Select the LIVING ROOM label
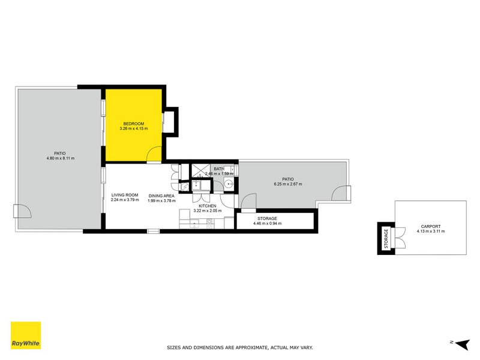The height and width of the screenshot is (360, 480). tap(125, 195)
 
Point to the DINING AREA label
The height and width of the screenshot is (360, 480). tap(161, 195)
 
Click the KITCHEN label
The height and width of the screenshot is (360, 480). tap(208, 206)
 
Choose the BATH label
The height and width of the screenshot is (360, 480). tap(219, 169)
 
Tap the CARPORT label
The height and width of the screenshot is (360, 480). tap(430, 226)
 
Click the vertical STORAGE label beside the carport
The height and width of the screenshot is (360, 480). tap(386, 238)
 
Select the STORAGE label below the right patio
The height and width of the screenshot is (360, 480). tap(267, 218)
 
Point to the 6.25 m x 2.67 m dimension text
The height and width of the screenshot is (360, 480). tap(288, 184)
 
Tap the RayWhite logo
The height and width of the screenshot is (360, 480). tap(26, 335)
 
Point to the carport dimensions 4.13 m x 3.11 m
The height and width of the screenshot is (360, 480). tap(430, 231)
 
